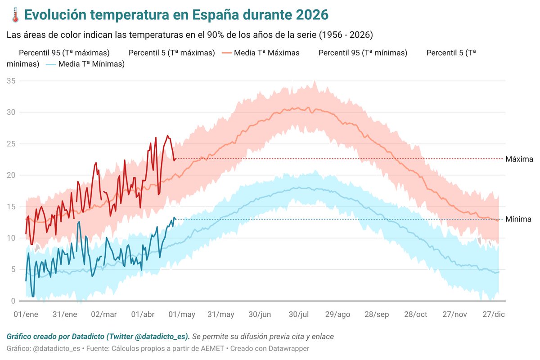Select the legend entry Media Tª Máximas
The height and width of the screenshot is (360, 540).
(x=266, y=53)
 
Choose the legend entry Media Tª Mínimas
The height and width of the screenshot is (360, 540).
(x=91, y=64)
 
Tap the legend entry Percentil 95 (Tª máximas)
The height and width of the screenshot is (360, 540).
(x=64, y=53)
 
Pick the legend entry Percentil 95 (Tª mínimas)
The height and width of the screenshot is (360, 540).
(x=363, y=53)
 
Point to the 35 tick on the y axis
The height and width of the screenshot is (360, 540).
(x=11, y=81)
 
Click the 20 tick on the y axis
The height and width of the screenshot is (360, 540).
(x=11, y=175)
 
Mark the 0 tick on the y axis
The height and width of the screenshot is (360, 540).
(x=13, y=301)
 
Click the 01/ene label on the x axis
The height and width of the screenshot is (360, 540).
(x=26, y=314)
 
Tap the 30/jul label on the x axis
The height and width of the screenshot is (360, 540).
(x=299, y=314)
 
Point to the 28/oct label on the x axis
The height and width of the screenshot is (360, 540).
(x=415, y=314)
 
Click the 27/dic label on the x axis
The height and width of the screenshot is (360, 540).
(x=493, y=314)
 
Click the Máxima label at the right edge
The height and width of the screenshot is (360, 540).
(x=519, y=159)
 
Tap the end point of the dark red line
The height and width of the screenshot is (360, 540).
(x=175, y=159)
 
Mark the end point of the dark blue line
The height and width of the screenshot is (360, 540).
(x=175, y=219)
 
